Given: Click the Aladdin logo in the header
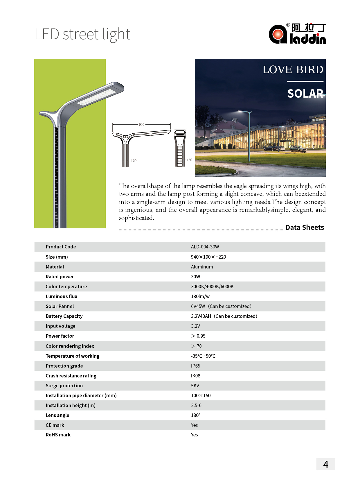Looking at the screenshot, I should (x=297, y=34).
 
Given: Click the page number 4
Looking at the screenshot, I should (x=325, y=464).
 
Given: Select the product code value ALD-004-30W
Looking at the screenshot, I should (x=205, y=247).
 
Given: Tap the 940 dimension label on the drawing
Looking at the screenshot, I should (x=141, y=125).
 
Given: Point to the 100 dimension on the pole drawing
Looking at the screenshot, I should (x=134, y=161).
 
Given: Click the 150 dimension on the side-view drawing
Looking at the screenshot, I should (x=189, y=160).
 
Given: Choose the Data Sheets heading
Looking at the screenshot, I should (x=305, y=228).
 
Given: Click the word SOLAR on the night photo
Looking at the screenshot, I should (x=305, y=94).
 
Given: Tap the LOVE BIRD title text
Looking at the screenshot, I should (x=293, y=70).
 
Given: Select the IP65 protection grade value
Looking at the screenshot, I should (x=195, y=366).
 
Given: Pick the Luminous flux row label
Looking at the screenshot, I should (x=61, y=296).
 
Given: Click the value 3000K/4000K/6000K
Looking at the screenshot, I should (x=212, y=286).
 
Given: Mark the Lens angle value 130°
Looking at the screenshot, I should (x=195, y=415).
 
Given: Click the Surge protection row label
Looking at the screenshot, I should (x=64, y=386).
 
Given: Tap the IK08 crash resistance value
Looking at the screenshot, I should (x=195, y=376).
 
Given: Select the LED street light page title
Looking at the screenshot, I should (x=82, y=34).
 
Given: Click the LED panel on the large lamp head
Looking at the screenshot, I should (x=96, y=97).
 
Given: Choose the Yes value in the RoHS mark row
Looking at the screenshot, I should (x=194, y=435).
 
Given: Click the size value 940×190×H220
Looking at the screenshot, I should (x=208, y=257).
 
